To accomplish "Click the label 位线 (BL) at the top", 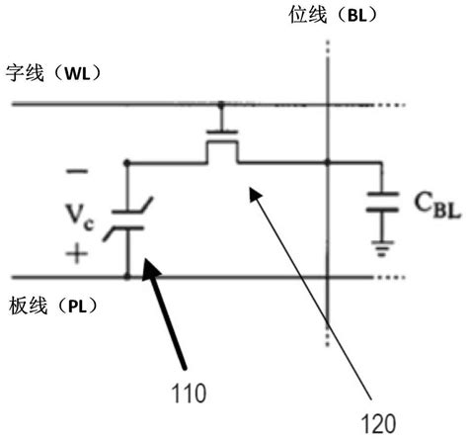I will (x=330, y=16).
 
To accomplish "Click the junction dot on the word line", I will (x=220, y=102).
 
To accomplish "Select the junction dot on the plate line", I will (x=128, y=278).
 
